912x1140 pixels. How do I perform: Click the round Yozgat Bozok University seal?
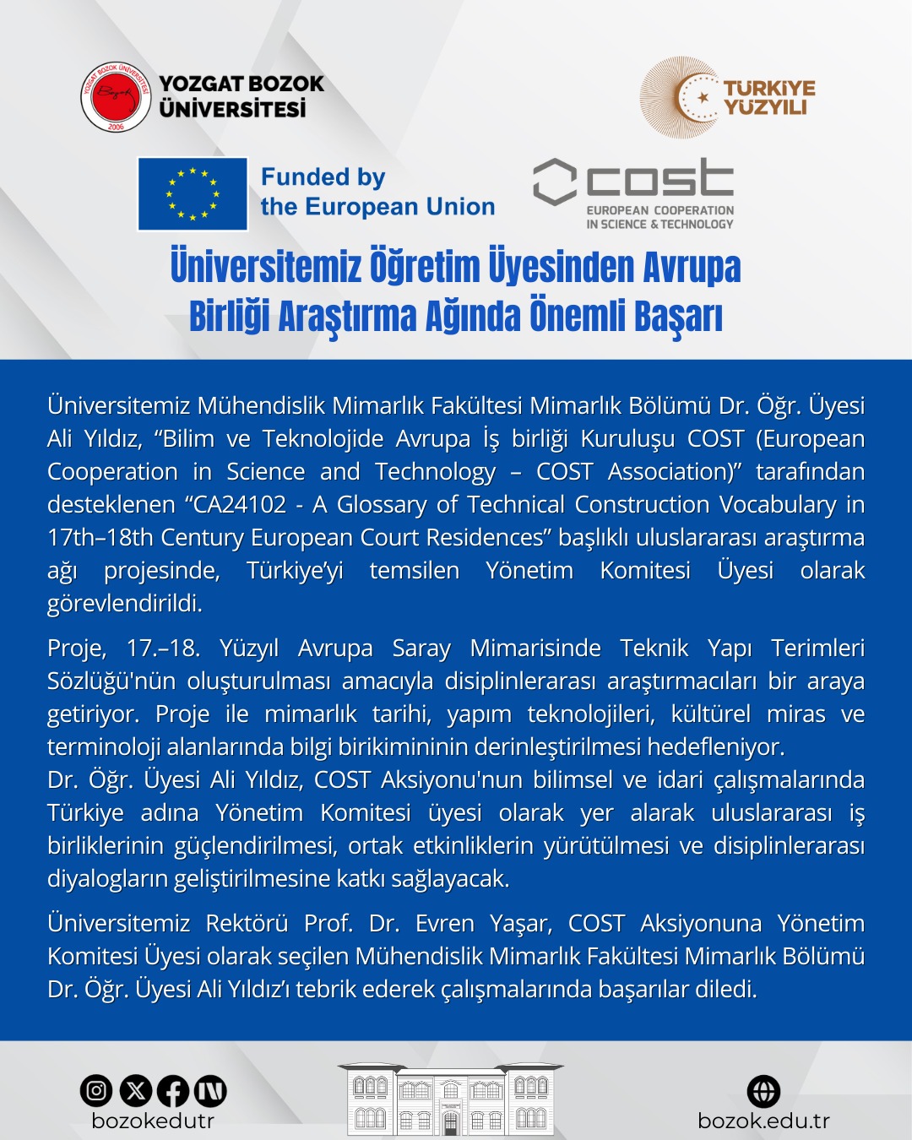coord(116,97)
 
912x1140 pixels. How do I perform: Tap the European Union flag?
coord(193,194)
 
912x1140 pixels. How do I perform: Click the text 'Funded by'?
coord(323,177)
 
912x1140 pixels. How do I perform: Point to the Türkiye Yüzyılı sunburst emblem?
coord(681,98)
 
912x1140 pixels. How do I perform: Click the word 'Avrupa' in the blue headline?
coord(692,268)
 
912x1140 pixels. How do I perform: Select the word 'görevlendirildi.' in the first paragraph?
coord(125,604)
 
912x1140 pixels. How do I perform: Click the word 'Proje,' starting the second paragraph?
coord(77,649)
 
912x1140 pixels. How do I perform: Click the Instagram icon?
coord(96,1091)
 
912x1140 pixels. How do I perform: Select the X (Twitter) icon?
coord(135,1091)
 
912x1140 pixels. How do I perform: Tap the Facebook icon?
coord(173,1091)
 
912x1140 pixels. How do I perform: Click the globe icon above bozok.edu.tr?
coord(763,1091)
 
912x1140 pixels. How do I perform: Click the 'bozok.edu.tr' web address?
coord(763,1121)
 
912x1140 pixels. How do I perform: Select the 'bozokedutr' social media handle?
coord(153,1121)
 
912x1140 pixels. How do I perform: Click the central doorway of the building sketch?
coord(451,1122)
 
